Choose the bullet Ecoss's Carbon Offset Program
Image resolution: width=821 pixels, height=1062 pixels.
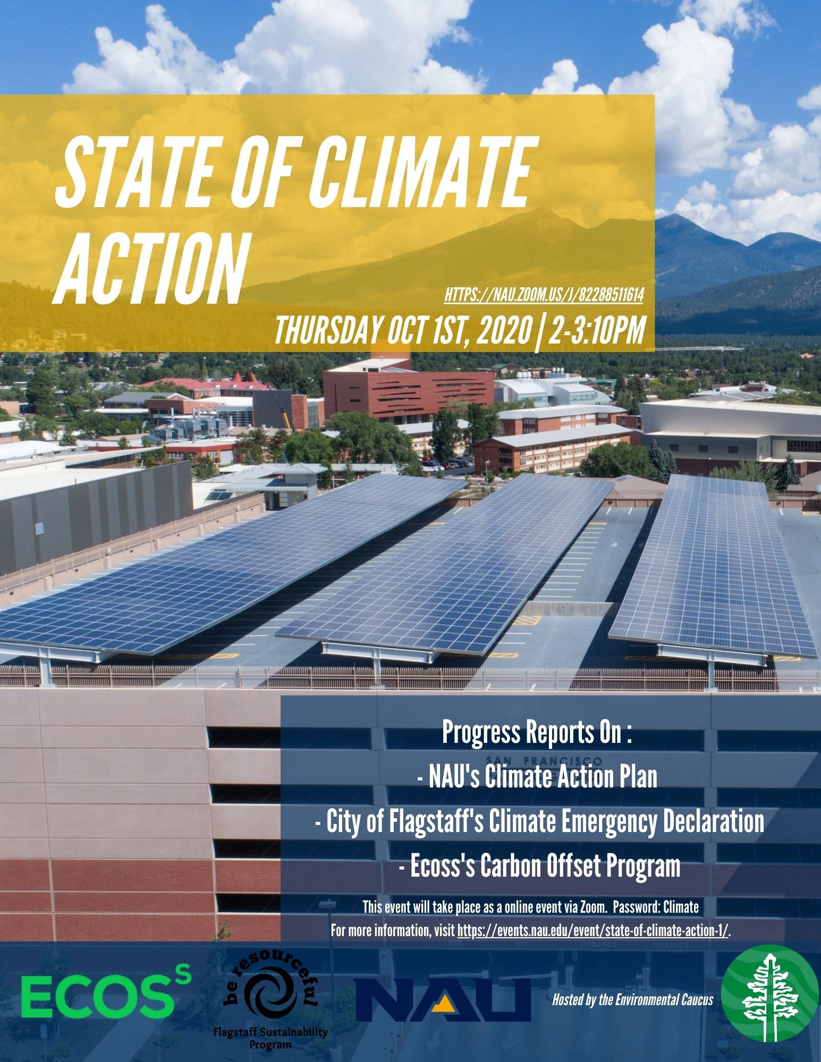coord(539,866)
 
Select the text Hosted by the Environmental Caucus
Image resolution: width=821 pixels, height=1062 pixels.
coord(633,1000)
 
